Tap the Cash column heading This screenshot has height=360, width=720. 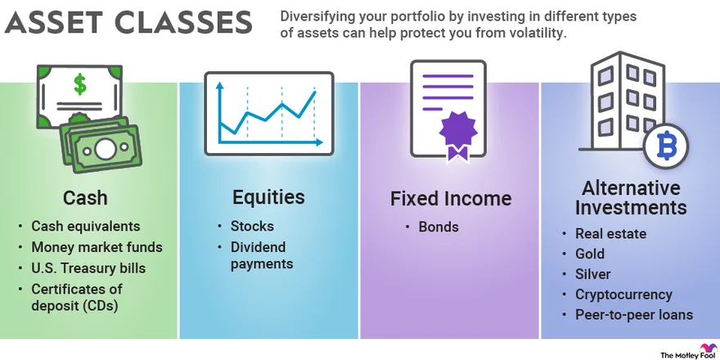click(85, 198)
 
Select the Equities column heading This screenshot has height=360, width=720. click(268, 197)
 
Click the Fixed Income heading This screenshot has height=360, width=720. click(450, 199)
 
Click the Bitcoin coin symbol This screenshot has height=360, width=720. click(665, 148)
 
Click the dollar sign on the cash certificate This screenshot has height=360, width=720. click(79, 83)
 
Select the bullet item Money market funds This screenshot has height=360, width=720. click(97, 246)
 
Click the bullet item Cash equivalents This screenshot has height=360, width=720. click(86, 226)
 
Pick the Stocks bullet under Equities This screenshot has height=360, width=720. click(252, 226)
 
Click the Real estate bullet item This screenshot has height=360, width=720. click(610, 234)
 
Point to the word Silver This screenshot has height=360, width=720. click(593, 274)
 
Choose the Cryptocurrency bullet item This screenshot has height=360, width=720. click(623, 295)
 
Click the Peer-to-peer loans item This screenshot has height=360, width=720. click(634, 314)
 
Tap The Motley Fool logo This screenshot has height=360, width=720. click(684, 350)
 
